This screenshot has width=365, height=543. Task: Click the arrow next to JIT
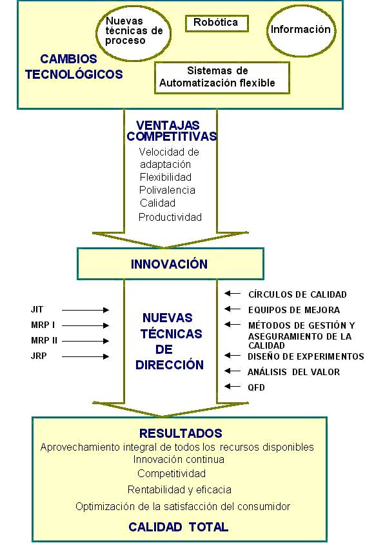pos(86,311)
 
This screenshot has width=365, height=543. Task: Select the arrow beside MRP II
pos(86,341)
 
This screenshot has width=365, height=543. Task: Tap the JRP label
pos(39,356)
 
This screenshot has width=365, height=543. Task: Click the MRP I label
pos(43,325)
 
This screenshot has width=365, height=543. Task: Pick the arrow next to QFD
pos(233,386)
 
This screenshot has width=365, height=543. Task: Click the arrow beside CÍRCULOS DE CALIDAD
pos(233,294)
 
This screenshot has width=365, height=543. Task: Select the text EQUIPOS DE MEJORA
pos(294,310)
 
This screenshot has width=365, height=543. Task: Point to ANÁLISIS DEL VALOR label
pos(293,372)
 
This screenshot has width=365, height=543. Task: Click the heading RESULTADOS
pos(181,433)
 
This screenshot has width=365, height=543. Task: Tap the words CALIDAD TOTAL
pos(179,527)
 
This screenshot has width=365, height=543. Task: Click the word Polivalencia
pos(167,190)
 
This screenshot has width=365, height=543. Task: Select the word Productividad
pos(170,217)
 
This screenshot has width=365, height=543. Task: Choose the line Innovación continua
pos(179,460)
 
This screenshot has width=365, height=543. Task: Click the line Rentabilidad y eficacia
pos(179,489)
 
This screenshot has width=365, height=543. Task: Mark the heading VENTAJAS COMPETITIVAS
pos(172,131)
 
